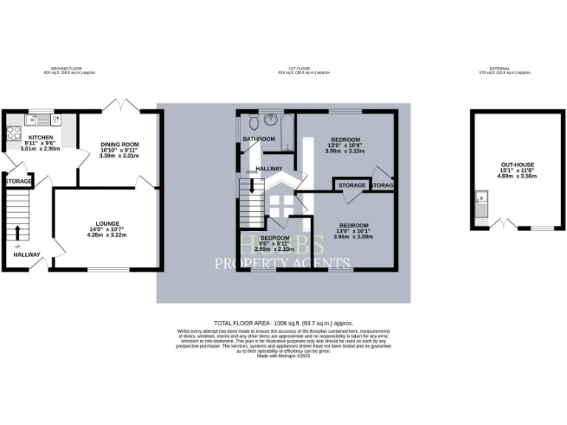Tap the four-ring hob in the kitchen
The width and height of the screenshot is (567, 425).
point(13,134)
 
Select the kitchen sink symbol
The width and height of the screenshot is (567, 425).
point(35,118)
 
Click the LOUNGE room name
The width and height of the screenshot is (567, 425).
point(107,223)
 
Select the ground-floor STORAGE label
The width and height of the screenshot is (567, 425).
point(18,181)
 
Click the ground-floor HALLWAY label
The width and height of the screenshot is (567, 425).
point(27,255)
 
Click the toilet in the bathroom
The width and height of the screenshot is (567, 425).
point(253,121)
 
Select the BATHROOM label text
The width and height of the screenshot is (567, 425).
point(259,139)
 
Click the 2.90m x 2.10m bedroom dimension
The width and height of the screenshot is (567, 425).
point(274,249)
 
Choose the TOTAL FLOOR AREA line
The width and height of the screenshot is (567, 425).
point(283,323)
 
